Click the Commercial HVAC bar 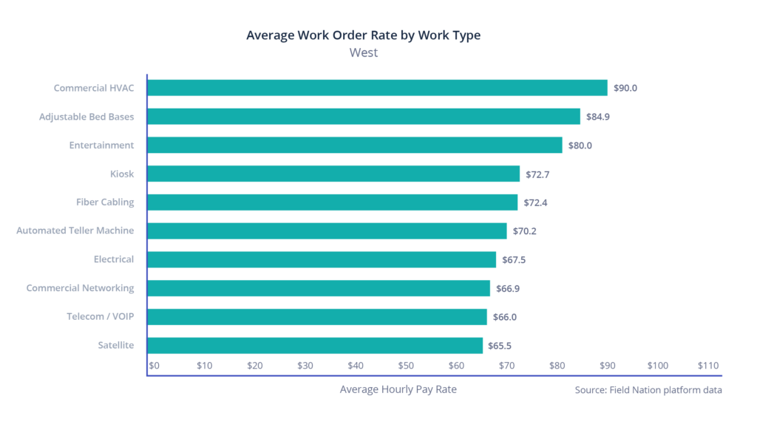tap(377, 88)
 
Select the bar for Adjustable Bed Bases tap(364, 117)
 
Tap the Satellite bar tap(315, 346)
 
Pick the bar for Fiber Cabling tap(333, 202)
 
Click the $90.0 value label tap(625, 88)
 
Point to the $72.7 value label tap(537, 174)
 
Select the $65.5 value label tap(500, 346)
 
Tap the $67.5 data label tap(514, 260)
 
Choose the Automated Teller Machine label tap(75, 231)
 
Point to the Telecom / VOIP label tap(101, 317)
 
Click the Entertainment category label tap(101, 146)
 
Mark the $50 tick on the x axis tap(406, 366)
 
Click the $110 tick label tap(707, 366)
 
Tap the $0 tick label tap(155, 366)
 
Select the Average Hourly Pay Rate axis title tap(398, 389)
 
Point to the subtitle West tap(363, 53)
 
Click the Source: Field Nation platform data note tap(648, 390)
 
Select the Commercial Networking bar tap(319, 288)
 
